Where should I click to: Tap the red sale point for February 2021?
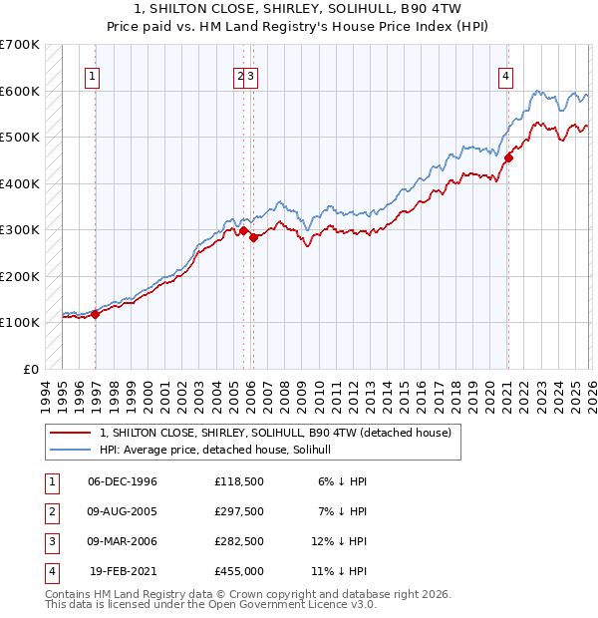click(x=508, y=157)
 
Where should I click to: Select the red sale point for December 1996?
click(x=96, y=314)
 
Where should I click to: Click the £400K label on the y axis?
click(x=20, y=183)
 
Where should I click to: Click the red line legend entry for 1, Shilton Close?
click(x=275, y=433)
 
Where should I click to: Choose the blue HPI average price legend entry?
click(x=220, y=451)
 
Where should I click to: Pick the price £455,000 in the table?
click(x=239, y=572)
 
